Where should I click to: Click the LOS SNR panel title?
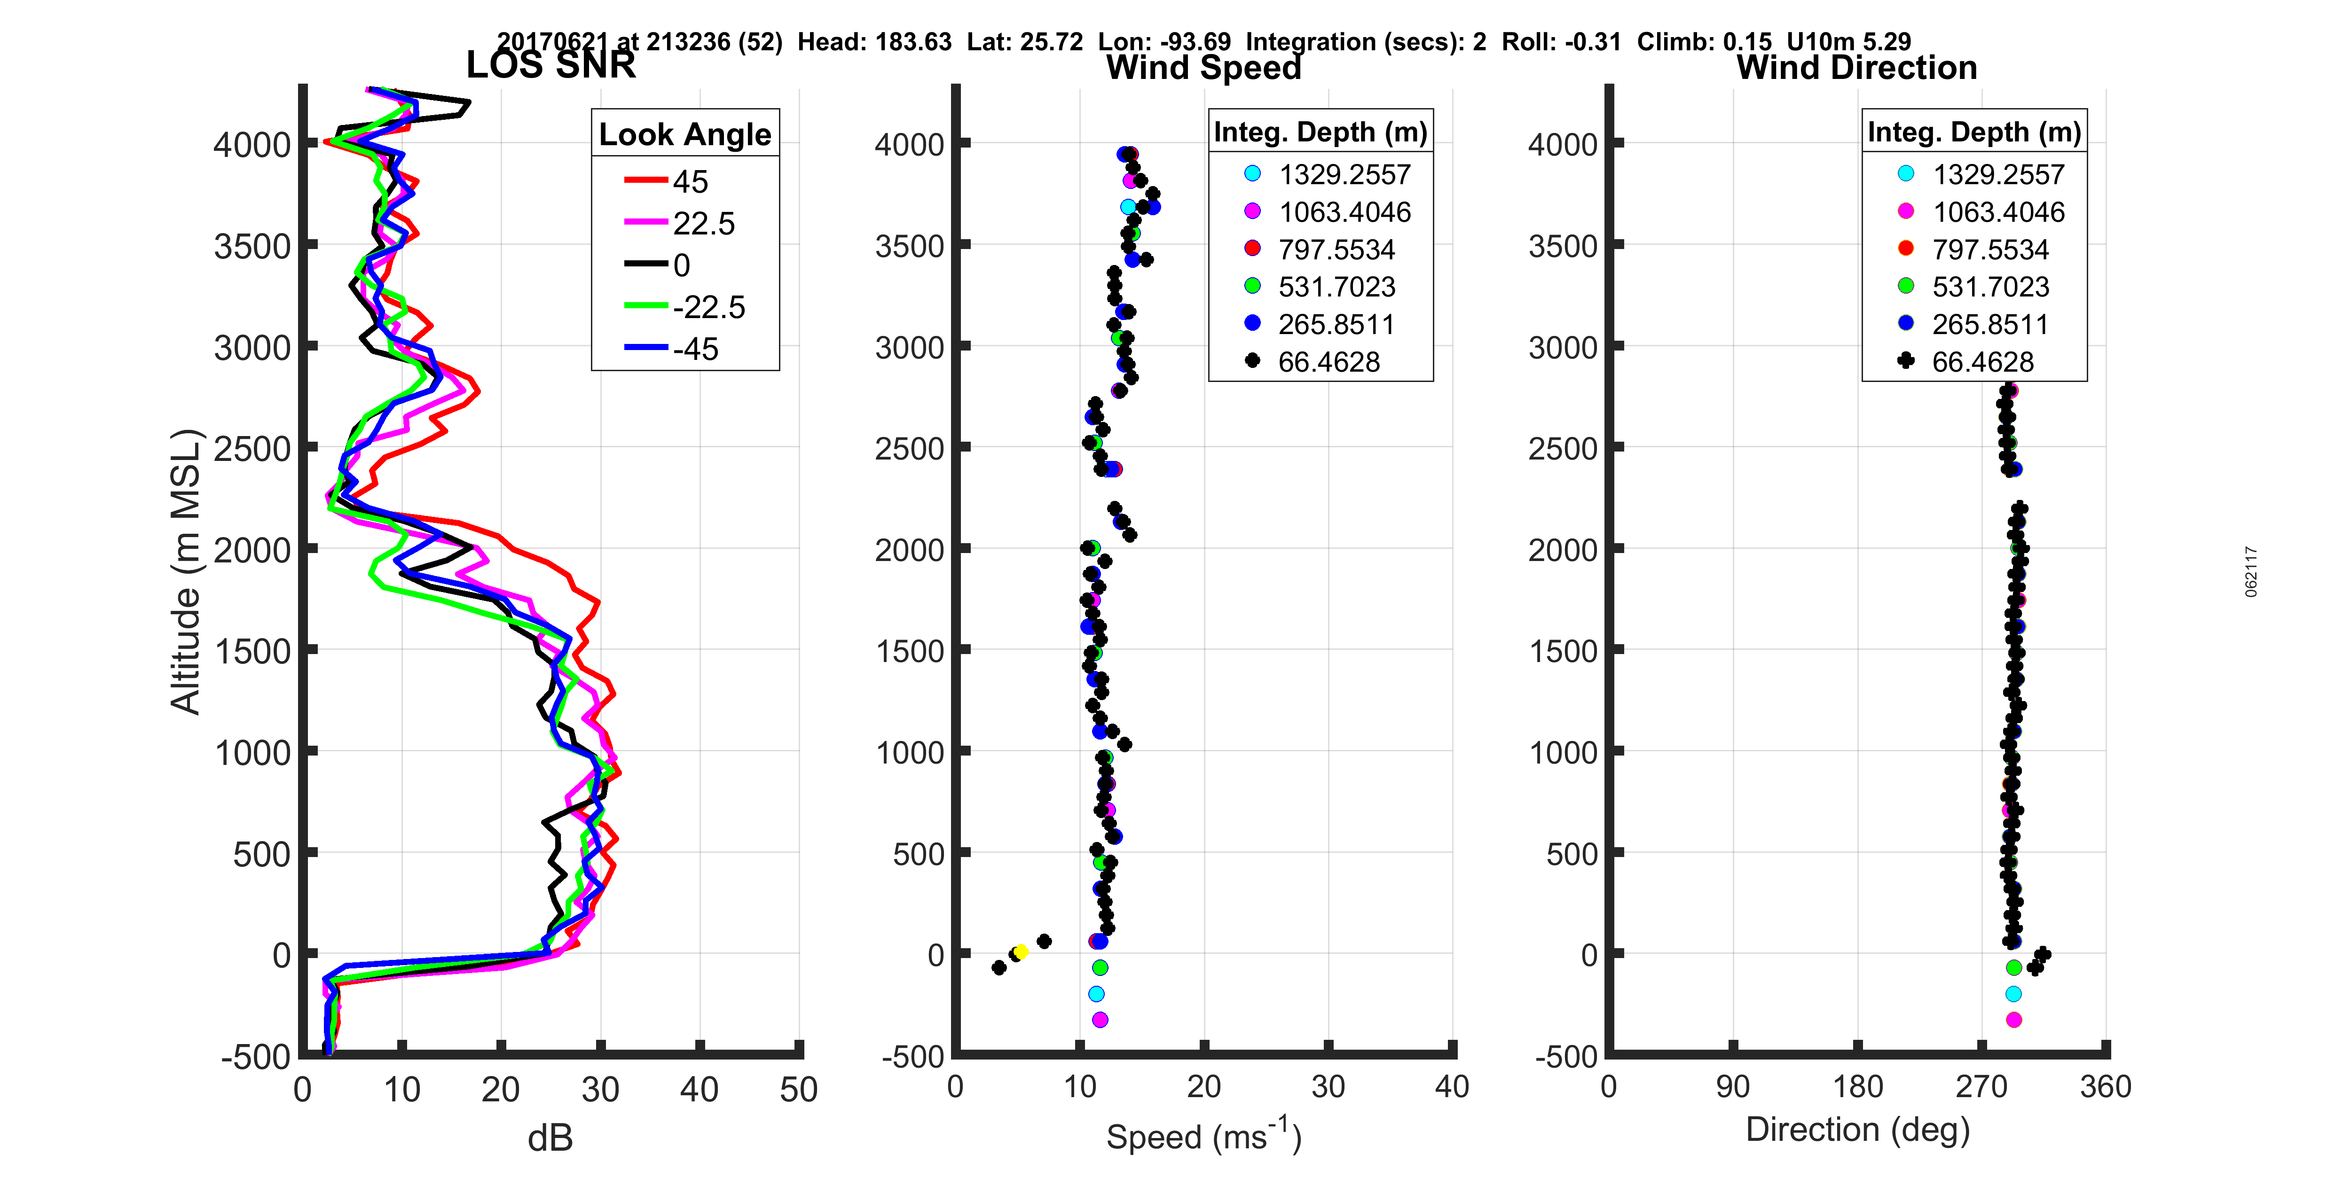pyautogui.click(x=550, y=65)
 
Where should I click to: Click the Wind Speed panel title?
pyautogui.click(x=1203, y=67)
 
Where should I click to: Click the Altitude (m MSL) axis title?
pyautogui.click(x=185, y=572)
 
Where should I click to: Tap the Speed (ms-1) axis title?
pyautogui.click(x=1203, y=1136)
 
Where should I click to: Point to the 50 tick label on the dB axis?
pyautogui.click(x=799, y=1089)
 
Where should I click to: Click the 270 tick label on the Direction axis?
pyautogui.click(x=1981, y=1086)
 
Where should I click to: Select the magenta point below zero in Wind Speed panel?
pyautogui.click(x=1100, y=1020)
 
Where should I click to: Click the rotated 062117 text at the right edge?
pyautogui.click(x=2251, y=572)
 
